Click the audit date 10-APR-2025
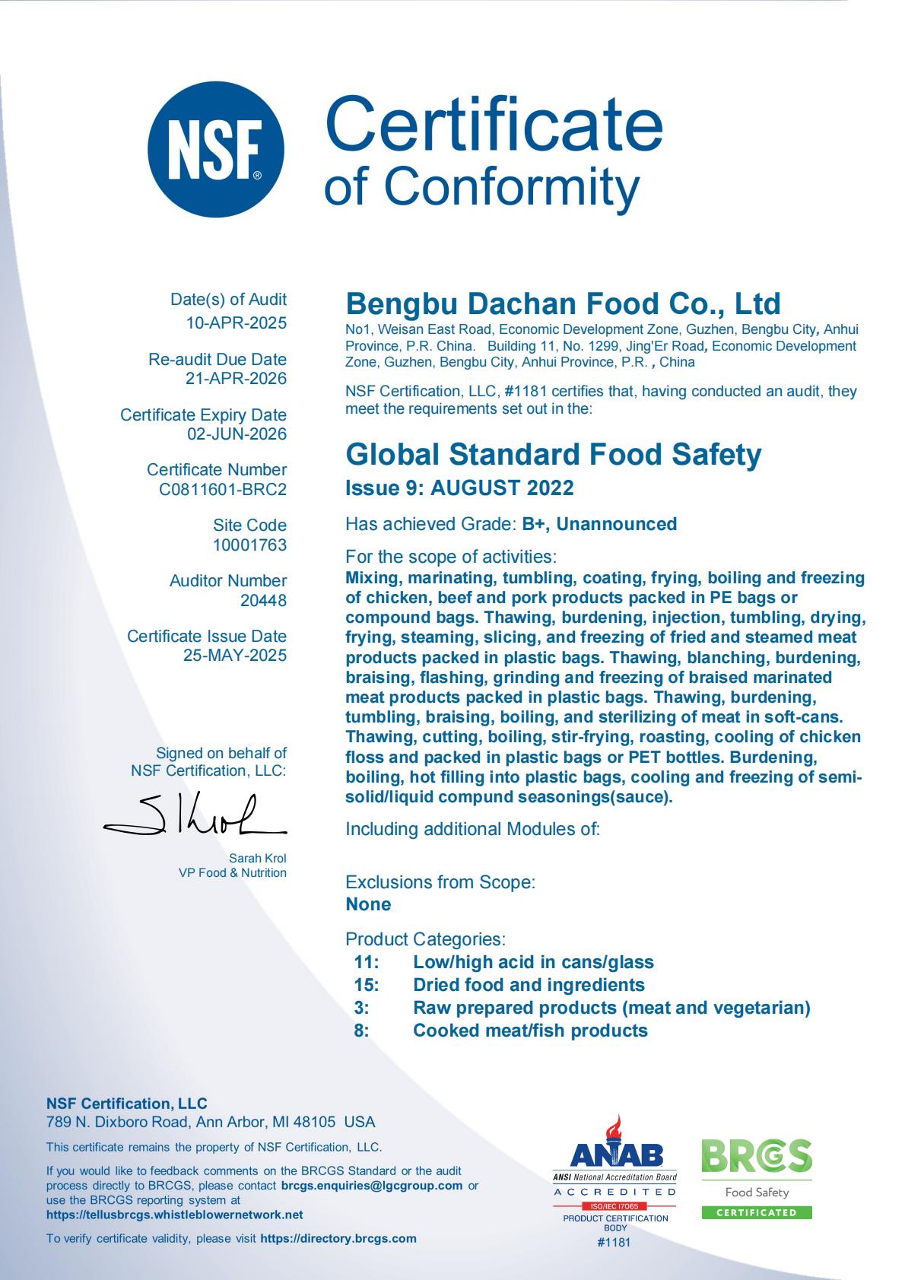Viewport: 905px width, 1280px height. click(x=237, y=323)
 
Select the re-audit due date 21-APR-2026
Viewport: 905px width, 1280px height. click(x=237, y=379)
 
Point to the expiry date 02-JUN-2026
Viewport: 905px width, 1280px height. click(x=237, y=434)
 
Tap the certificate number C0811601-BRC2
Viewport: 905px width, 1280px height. click(x=223, y=490)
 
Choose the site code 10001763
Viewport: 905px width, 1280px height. click(x=249, y=545)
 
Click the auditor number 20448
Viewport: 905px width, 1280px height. click(x=263, y=601)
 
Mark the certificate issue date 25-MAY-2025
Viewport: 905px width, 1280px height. click(x=235, y=656)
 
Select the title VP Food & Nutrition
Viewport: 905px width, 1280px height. click(x=233, y=873)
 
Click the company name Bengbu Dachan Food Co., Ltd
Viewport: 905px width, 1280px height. click(x=563, y=303)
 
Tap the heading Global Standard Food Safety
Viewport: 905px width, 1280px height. click(x=553, y=455)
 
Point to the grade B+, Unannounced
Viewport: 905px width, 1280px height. click(x=599, y=524)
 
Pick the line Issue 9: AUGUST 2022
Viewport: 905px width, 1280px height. click(x=459, y=488)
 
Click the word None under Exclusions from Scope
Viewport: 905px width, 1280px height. click(x=368, y=904)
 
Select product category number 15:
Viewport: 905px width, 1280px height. click(x=367, y=985)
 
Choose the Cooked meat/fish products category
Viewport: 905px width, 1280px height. click(x=530, y=1031)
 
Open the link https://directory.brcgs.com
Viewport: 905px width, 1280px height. click(x=338, y=1238)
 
